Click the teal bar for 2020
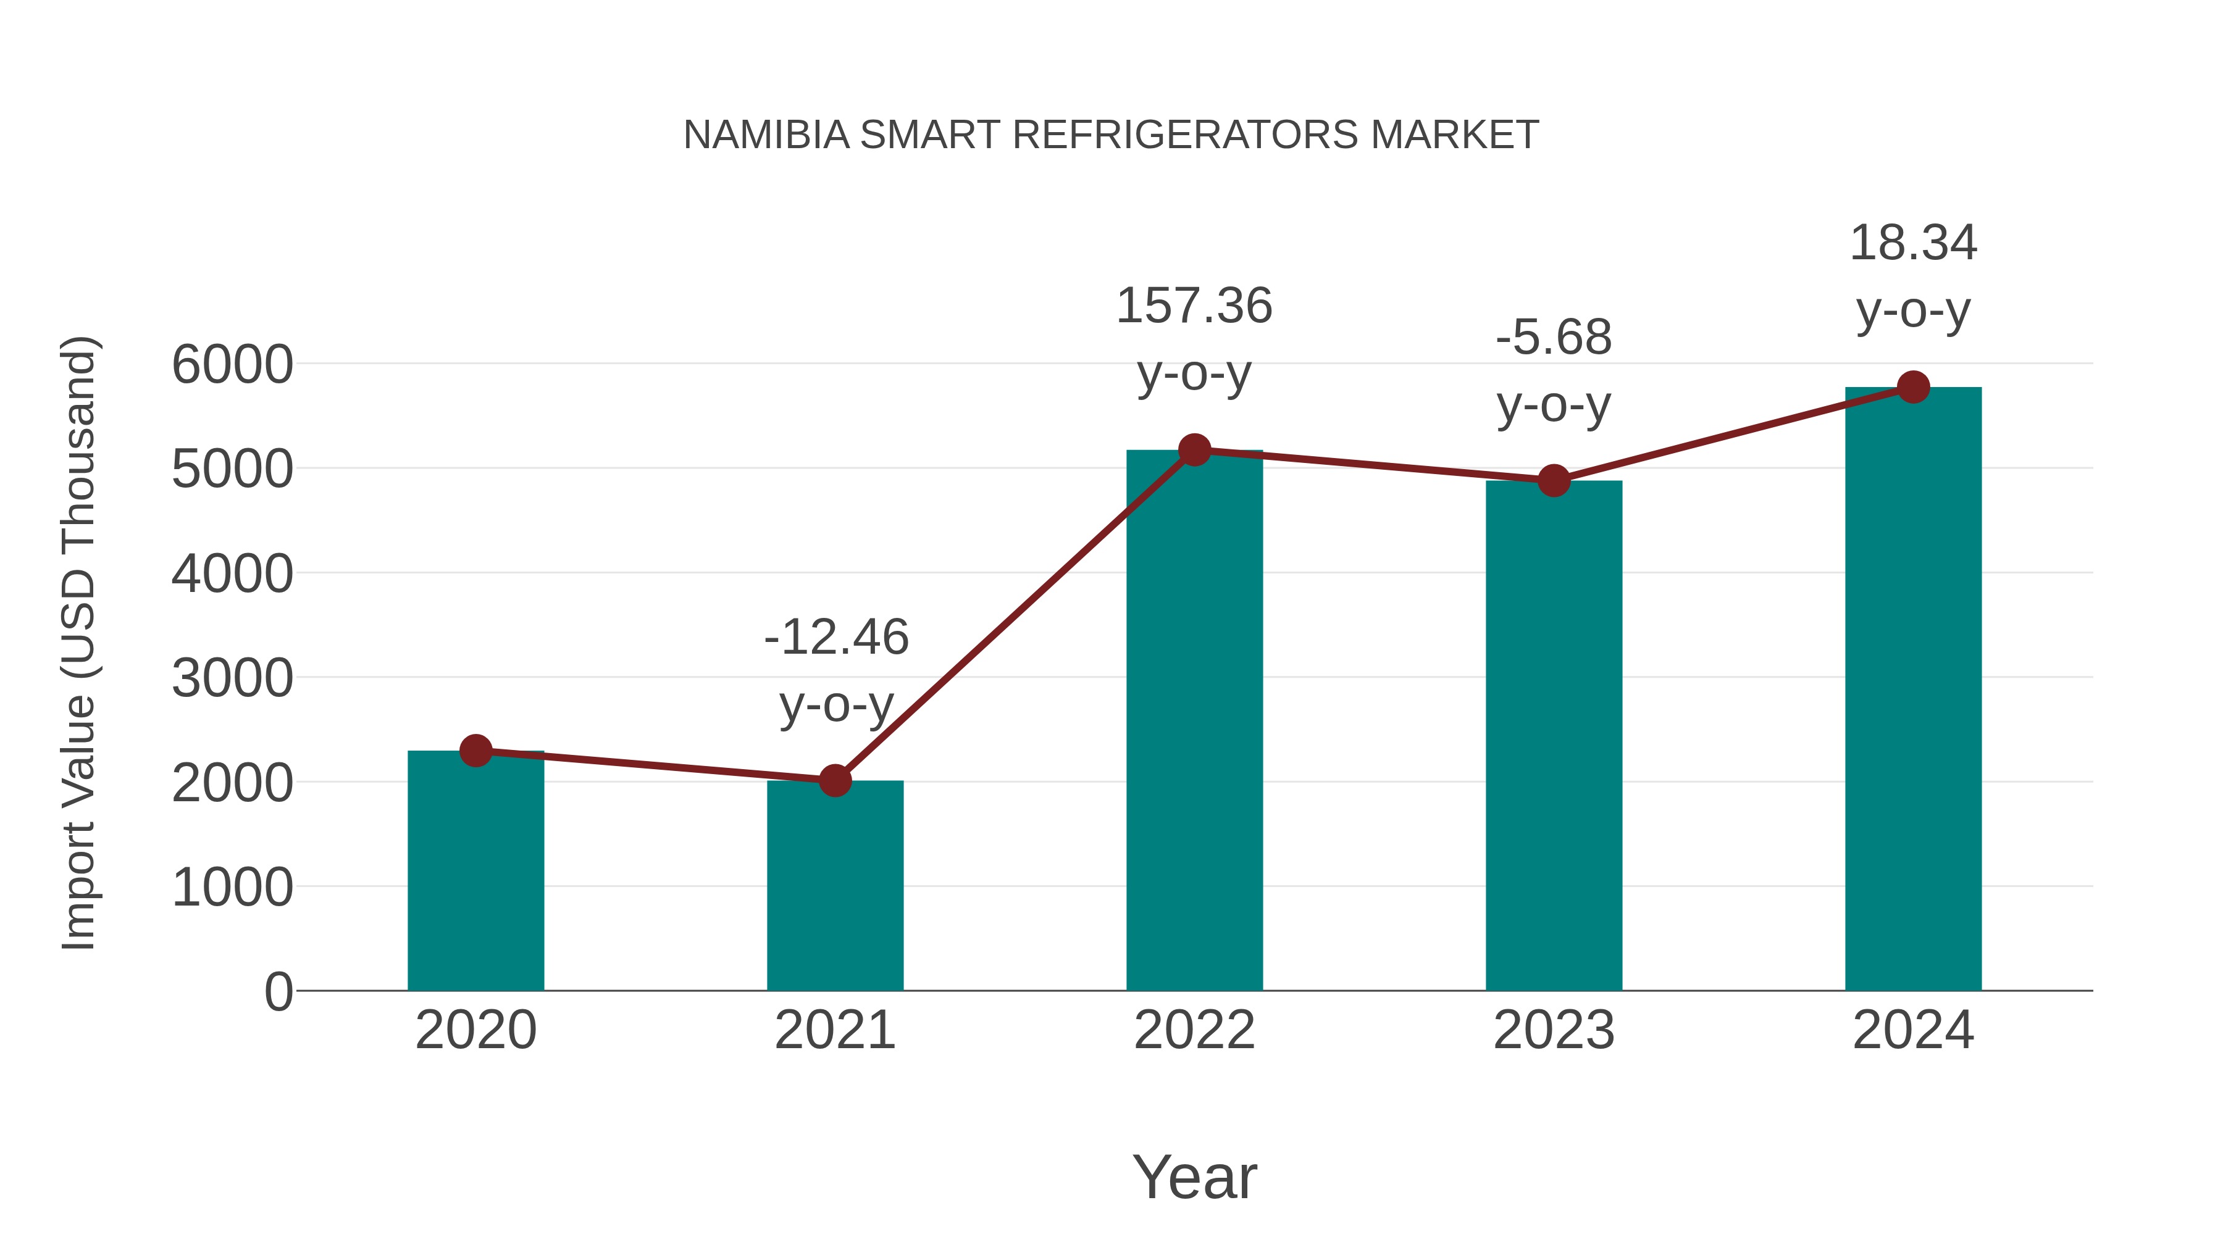pos(475,871)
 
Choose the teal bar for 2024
pos(1913,690)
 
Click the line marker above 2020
pos(475,751)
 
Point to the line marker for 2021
pos(834,781)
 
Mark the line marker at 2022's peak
pos(1194,449)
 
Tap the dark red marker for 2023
pos(1554,480)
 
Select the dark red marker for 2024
pos(1913,387)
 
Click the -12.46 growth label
pos(836,638)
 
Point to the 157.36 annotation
pos(1194,306)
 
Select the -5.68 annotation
pos(1554,337)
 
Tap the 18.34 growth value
pos(1913,243)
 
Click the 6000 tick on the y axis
pos(232,365)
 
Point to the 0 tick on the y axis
pos(278,992)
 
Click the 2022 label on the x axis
pos(1194,1030)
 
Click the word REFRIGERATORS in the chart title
pos(1185,135)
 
